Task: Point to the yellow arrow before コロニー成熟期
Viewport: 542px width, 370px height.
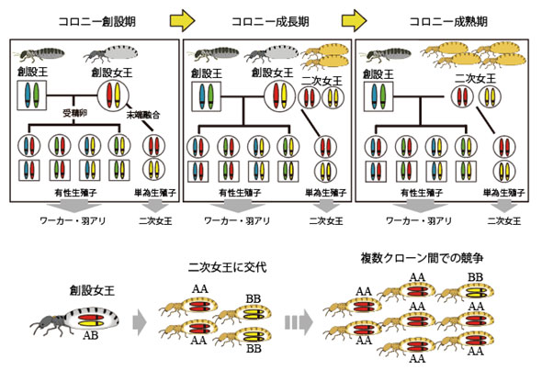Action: click(x=354, y=18)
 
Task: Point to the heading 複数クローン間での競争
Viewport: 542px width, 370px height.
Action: click(x=421, y=260)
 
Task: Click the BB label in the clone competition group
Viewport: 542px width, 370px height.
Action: click(x=478, y=275)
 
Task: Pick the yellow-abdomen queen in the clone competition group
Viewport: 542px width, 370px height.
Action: click(x=474, y=293)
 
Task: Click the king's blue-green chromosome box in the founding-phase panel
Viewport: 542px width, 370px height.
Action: click(x=31, y=94)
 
